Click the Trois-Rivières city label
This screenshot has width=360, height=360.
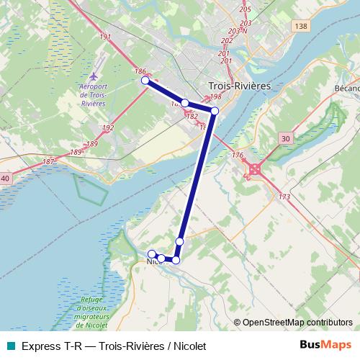239,85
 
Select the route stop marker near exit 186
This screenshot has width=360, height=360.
145,81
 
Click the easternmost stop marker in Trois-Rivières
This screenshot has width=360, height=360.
215,111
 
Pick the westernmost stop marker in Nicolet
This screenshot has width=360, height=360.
152,253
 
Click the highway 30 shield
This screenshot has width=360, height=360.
286,138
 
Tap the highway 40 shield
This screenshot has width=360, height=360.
5,178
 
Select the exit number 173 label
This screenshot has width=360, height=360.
284,197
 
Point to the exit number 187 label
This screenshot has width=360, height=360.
48,161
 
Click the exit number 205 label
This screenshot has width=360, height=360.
246,9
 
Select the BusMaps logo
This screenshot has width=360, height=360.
325,345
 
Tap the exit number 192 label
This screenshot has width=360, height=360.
108,128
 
